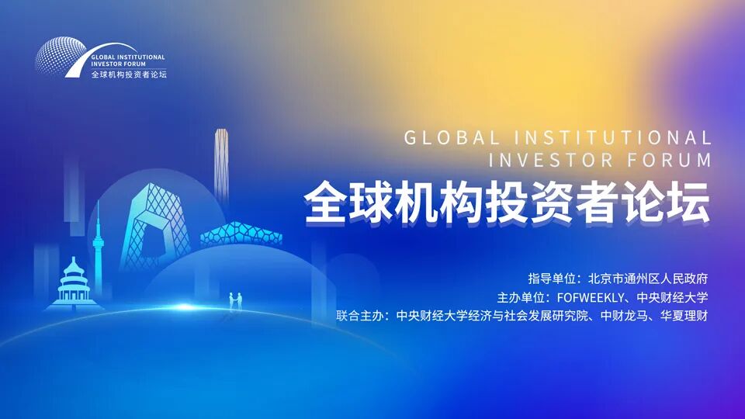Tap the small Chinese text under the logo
[128, 74]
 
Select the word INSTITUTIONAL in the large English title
[612, 138]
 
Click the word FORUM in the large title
[671, 161]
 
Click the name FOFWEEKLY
[583, 297]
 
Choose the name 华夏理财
[684, 316]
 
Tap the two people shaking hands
[235, 299]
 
